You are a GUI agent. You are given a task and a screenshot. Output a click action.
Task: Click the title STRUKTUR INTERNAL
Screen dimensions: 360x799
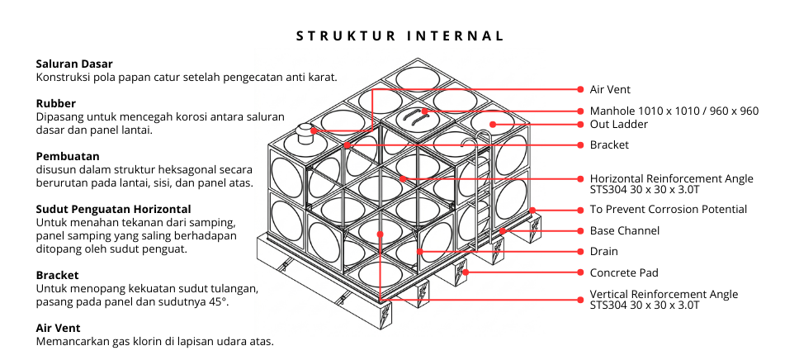pyautogui.click(x=399, y=36)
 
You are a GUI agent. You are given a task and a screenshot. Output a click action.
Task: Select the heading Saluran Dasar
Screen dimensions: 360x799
pyautogui.click(x=74, y=64)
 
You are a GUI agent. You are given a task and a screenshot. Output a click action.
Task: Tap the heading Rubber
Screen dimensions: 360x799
pyautogui.click(x=55, y=104)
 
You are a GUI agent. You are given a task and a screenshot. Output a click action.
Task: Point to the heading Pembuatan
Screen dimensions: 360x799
pyautogui.click(x=68, y=155)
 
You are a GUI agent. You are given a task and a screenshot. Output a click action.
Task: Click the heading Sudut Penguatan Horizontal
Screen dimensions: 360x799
pyautogui.click(x=113, y=209)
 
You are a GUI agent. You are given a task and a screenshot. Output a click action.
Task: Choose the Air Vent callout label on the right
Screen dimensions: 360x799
pyautogui.click(x=609, y=89)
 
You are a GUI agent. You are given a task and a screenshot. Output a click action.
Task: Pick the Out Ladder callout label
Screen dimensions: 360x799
pyautogui.click(x=618, y=125)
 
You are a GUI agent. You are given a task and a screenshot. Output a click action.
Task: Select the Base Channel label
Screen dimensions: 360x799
pyautogui.click(x=624, y=230)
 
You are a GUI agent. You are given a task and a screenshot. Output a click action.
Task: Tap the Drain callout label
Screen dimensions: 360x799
pyautogui.click(x=603, y=251)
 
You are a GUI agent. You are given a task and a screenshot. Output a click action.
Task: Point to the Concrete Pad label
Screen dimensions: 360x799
pyautogui.click(x=623, y=272)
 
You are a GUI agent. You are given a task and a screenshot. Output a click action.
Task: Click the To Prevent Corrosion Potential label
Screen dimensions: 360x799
pyautogui.click(x=668, y=209)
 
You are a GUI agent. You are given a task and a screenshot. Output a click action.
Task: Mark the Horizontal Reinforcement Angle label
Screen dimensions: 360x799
pyautogui.click(x=671, y=178)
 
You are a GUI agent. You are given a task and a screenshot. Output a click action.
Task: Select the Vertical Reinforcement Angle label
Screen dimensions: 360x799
pyautogui.click(x=664, y=295)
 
